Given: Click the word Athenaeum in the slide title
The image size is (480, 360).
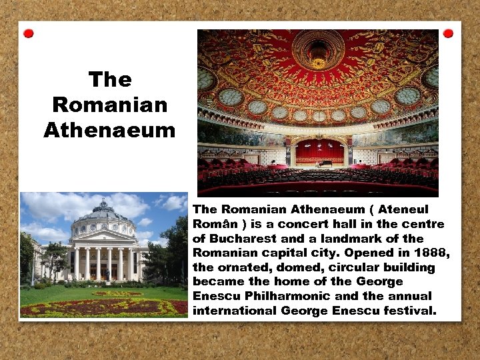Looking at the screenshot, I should coord(109,130).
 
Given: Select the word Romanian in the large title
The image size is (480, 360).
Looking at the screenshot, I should coord(109,105).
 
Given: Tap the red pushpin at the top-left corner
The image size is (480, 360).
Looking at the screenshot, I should coord(28,33).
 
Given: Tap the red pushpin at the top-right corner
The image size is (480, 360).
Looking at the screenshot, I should coord(448,33).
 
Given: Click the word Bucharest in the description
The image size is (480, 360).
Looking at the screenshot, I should coord(242,238).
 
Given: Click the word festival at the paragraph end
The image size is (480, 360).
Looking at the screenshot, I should coord(407,311).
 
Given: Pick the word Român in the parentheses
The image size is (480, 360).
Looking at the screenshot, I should coord(211,224).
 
